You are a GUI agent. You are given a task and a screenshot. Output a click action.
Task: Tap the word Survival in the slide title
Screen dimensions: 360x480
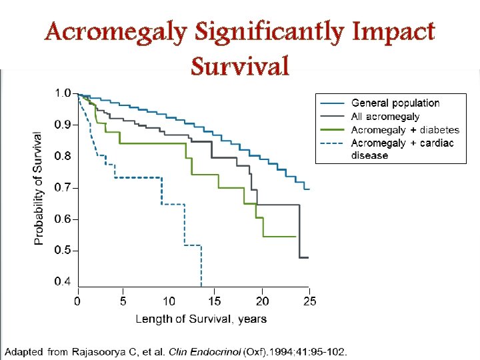click(239, 66)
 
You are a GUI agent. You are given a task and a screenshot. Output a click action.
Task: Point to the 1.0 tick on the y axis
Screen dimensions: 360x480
click(62, 93)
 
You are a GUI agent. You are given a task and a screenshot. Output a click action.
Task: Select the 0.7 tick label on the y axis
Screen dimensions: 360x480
click(62, 188)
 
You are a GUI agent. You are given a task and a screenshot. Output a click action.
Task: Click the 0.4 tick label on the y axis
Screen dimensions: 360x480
click(62, 282)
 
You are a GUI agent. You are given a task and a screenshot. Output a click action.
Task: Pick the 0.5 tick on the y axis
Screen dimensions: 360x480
click(62, 251)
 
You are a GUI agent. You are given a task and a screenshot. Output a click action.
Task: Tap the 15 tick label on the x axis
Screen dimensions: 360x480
click(215, 301)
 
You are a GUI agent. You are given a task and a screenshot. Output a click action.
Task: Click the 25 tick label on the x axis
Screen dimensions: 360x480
click(309, 301)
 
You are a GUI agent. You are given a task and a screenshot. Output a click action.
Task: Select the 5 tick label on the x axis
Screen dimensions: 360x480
click(123, 301)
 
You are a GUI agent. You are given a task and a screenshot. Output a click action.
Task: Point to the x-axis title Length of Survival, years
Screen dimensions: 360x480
click(201, 319)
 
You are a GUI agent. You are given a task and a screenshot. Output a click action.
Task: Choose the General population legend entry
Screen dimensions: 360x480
click(395, 103)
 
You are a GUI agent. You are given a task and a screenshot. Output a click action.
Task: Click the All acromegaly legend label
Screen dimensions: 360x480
click(385, 117)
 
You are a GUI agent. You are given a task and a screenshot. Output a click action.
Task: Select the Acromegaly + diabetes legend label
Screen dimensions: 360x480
click(405, 129)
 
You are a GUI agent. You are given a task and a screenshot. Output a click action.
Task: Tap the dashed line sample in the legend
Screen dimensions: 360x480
click(332, 143)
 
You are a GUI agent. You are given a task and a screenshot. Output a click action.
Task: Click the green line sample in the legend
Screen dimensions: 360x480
click(332, 129)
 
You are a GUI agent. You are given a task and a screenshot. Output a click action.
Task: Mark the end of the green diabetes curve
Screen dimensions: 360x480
click(295, 237)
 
